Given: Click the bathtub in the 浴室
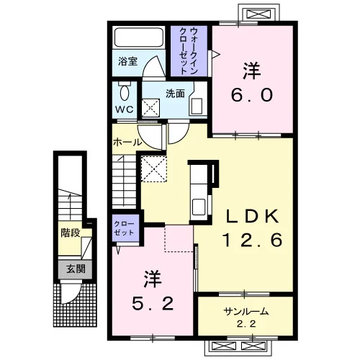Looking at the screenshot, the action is tap(139, 37).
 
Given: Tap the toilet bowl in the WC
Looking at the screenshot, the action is tap(125, 93).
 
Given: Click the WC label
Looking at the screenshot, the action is tap(125, 109).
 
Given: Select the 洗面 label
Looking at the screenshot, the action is tap(175, 94).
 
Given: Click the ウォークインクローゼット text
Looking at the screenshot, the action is tap(189, 51).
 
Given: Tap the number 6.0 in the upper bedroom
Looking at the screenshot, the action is tap(252, 94).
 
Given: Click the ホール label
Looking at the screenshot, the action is tap(127, 143).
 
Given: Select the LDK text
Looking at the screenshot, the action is tap(252, 216).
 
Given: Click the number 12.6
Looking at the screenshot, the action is tap(252, 240).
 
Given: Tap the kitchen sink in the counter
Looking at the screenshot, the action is tap(199, 207).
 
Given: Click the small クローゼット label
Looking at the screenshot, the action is tap(124, 228).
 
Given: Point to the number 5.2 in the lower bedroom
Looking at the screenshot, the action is tap(153, 303).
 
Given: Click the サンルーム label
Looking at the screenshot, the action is tap(246, 312).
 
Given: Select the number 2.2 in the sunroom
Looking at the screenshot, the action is tap(246, 324).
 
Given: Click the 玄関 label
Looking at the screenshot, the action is tap(76, 269).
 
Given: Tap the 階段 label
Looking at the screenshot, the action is tap(71, 233).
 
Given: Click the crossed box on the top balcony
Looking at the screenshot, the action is tap(258, 14).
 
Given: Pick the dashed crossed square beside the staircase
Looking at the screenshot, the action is tap(153, 168).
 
